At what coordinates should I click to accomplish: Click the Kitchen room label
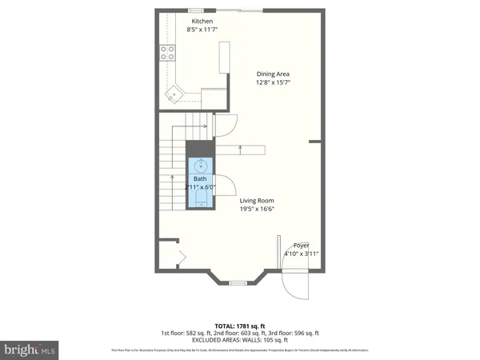point(201,21)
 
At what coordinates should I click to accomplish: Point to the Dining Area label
point(272,74)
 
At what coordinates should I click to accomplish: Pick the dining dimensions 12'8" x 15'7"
point(272,82)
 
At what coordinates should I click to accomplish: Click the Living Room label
point(258,201)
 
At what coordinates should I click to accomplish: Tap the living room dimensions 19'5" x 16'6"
point(258,210)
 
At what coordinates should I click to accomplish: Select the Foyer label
point(301,245)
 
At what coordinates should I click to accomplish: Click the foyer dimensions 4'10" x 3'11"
point(302,254)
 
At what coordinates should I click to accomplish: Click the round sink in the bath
point(200,166)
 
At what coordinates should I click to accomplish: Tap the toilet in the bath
point(200,198)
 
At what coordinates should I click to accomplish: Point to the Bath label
point(199,179)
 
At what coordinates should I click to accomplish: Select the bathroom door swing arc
point(224,184)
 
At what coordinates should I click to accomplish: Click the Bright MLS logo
point(30,350)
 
